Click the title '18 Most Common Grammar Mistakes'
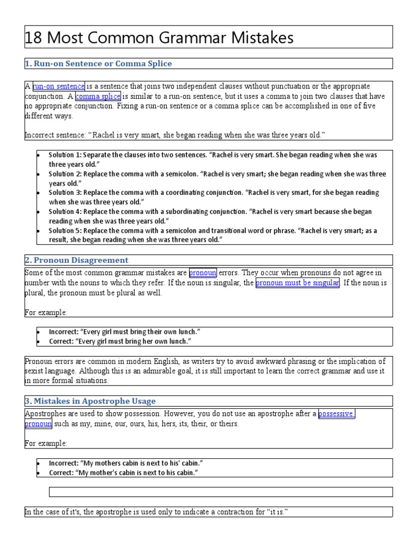click(x=159, y=37)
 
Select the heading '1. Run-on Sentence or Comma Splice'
click(x=98, y=64)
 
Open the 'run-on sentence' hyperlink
click(x=59, y=86)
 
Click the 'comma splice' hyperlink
click(x=98, y=96)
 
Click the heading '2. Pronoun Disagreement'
click(x=77, y=260)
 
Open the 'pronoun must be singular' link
click(x=298, y=283)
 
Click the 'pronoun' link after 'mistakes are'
click(x=203, y=273)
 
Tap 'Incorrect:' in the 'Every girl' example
click(x=63, y=332)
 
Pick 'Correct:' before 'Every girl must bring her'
click(x=61, y=341)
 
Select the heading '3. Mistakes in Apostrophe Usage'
click(x=90, y=401)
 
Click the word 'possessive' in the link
click(x=337, y=414)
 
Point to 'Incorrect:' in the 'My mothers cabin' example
click(x=63, y=463)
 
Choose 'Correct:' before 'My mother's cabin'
click(x=61, y=473)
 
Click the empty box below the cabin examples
click(x=220, y=492)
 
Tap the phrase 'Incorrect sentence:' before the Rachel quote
click(x=54, y=135)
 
